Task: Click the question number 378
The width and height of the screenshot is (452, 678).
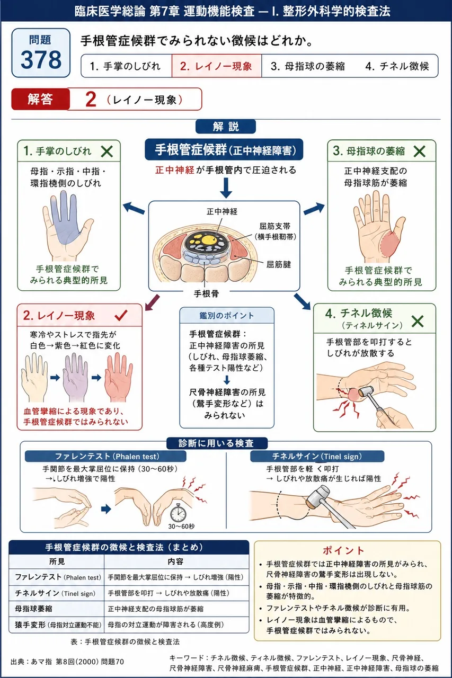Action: [x=41, y=59]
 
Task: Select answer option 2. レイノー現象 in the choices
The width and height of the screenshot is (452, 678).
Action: [x=216, y=66]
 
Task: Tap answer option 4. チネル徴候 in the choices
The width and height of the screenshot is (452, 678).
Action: [x=397, y=66]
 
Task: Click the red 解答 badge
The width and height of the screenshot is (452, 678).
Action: [x=40, y=99]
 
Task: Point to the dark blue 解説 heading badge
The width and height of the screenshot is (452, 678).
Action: [x=226, y=127]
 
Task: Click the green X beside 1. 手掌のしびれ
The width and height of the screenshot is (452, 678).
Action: [x=107, y=151]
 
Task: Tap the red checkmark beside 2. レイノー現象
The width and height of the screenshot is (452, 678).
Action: [x=121, y=315]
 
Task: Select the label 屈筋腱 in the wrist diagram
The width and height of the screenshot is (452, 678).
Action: [x=279, y=264]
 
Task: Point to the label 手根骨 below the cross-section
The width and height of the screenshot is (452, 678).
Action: [x=206, y=293]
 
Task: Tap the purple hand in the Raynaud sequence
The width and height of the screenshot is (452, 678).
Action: [x=75, y=377]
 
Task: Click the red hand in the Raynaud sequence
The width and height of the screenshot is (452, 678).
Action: [x=118, y=377]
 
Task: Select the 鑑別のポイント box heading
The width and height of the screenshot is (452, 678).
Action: [x=227, y=316]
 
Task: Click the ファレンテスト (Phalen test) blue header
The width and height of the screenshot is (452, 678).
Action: [x=105, y=457]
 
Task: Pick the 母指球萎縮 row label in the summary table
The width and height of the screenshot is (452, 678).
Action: [x=33, y=609]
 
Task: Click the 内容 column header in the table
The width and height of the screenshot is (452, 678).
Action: [x=175, y=561]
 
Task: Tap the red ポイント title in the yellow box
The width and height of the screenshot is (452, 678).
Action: [x=343, y=550]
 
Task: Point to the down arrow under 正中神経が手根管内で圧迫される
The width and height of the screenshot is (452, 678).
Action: [x=226, y=188]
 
